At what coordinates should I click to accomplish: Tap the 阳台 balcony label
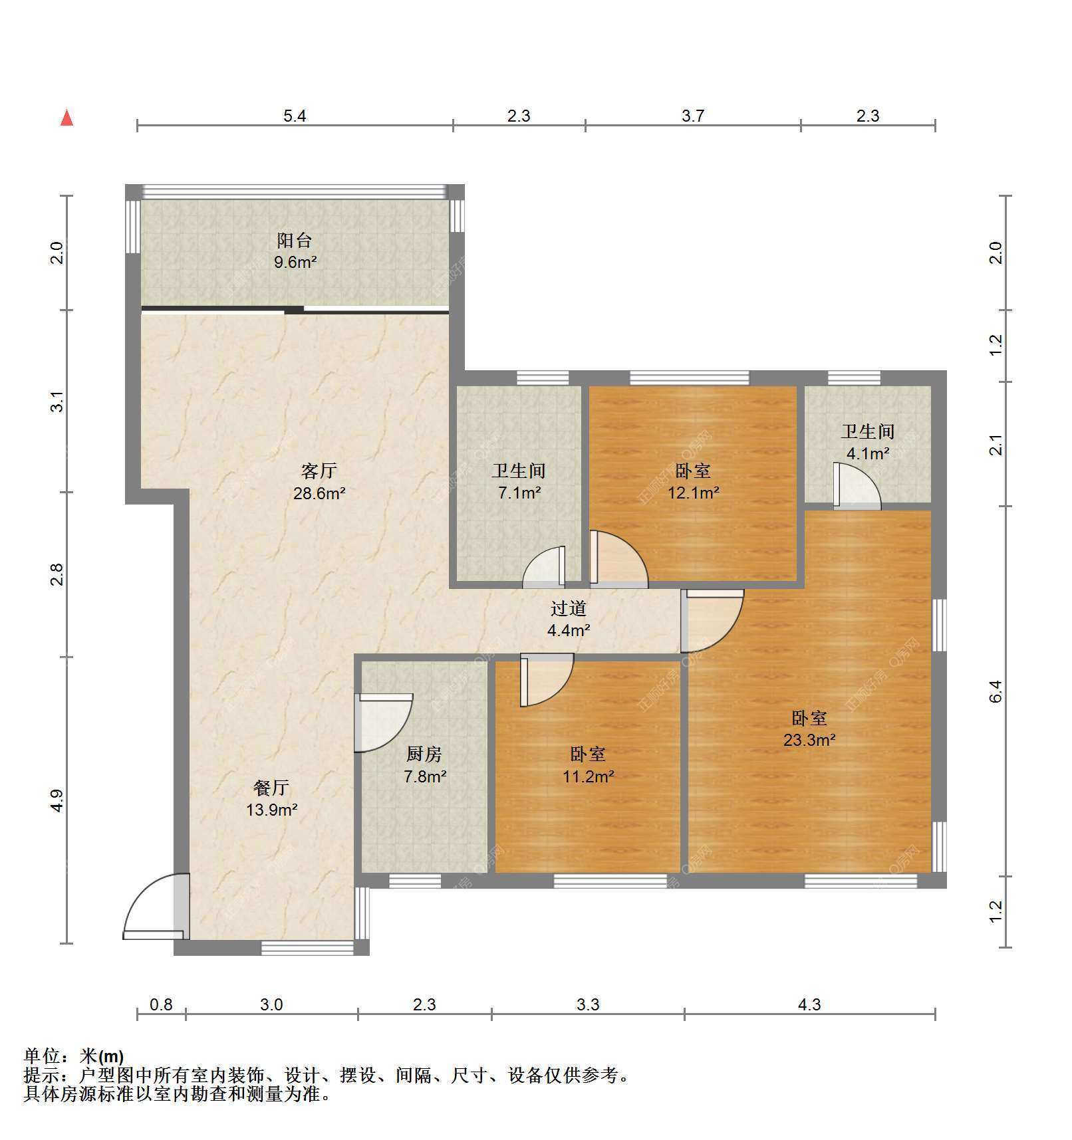tap(295, 241)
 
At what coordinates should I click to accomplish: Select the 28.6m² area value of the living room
tap(319, 493)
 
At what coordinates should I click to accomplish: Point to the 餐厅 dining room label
tap(271, 788)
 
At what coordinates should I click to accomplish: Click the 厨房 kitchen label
tap(424, 754)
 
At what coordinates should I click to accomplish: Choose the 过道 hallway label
tap(569, 608)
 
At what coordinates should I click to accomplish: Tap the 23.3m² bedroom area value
tap(809, 740)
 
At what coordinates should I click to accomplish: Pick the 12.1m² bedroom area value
tap(694, 493)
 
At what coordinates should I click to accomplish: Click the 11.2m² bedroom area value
tap(589, 776)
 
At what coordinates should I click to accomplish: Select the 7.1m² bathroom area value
tap(519, 493)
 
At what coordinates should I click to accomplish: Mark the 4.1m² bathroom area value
tap(868, 453)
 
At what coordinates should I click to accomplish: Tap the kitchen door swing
tap(383, 723)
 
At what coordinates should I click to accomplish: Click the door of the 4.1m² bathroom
tap(857, 487)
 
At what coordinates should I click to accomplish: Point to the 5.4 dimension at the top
tap(295, 116)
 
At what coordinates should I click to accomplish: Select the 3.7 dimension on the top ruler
tap(693, 116)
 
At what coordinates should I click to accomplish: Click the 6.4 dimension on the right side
tap(996, 692)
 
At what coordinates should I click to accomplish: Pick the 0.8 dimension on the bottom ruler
tap(161, 1004)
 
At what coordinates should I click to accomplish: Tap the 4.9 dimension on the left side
tap(57, 800)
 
